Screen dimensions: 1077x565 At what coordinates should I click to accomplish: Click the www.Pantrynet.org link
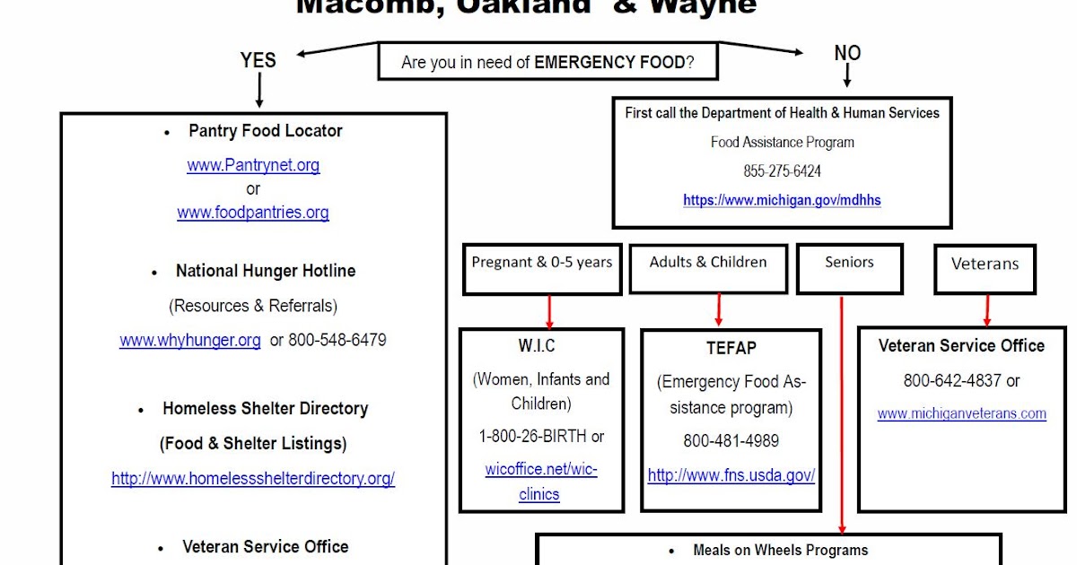coord(253,165)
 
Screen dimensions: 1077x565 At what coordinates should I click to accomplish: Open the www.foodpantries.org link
coord(253,213)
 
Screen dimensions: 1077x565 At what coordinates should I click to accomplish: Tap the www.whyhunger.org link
coord(190,340)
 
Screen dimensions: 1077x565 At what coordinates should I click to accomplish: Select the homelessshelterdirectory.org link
coord(253,478)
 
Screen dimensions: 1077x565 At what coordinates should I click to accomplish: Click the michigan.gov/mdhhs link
coord(782,200)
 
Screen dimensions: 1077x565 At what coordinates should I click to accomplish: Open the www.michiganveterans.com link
coord(961,413)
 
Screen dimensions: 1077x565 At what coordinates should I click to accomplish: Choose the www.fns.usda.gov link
coord(731,475)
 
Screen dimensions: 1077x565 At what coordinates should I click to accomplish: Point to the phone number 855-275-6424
coord(782,170)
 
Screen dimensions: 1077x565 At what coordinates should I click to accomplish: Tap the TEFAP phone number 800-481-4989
coord(731,440)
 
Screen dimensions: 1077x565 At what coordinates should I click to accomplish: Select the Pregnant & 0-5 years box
coord(542,268)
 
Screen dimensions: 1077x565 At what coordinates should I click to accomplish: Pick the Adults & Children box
coord(708,268)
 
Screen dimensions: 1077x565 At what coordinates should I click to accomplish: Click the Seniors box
coord(848,268)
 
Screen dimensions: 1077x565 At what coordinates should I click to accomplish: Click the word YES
coord(258,60)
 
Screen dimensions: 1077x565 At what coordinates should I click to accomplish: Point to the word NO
coord(847,54)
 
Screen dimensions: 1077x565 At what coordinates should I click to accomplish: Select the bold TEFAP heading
coord(731,347)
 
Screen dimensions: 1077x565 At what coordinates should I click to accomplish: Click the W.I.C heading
coord(537,345)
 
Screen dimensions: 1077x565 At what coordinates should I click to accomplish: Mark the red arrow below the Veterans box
coord(986,309)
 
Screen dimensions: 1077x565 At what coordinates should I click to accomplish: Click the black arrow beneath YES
coord(259,91)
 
